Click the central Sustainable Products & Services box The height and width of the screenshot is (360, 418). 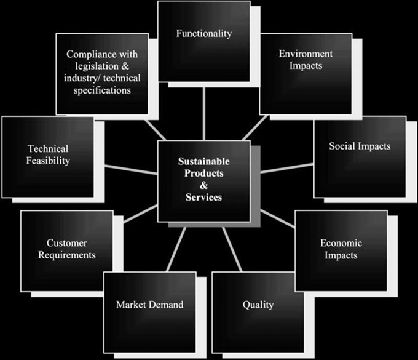point(203,180)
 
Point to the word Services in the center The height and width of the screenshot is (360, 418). point(204,197)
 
